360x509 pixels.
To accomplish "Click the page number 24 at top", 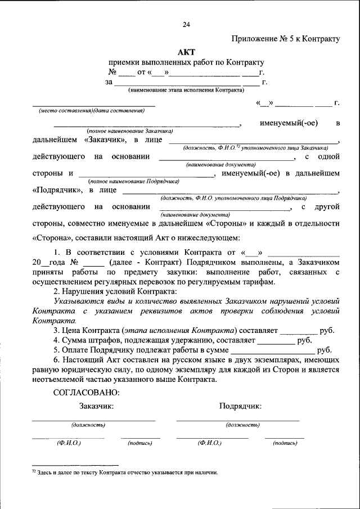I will pos(186,24).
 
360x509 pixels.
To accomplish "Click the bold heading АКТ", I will pos(186,52).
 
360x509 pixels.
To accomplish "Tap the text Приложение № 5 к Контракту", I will pos(286,39).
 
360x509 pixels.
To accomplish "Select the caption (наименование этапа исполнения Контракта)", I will pos(186,90).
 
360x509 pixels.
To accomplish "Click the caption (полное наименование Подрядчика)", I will pos(134,181).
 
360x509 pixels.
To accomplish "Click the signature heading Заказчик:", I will pos(96,406).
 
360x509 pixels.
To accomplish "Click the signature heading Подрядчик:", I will pos(240,406).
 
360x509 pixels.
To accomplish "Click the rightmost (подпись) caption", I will pos(285,443).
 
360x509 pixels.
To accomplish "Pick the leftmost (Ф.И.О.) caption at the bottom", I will pos(68,443).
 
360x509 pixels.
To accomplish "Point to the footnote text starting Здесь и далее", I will pos(127,472).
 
